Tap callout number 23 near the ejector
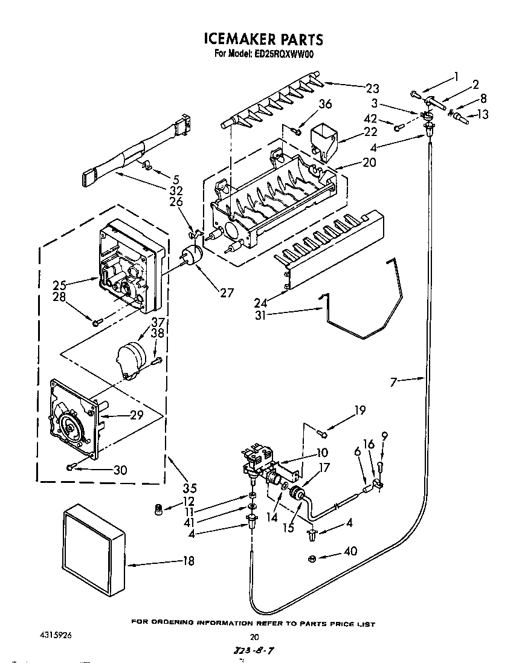[x=372, y=88]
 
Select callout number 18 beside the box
[x=188, y=561]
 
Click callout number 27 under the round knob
[x=227, y=294]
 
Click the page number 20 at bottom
[x=254, y=636]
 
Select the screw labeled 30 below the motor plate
[x=71, y=466]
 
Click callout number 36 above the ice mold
[x=324, y=104]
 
